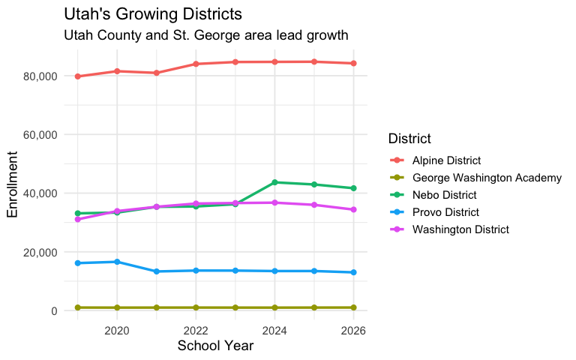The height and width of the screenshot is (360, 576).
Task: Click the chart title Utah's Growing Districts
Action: coord(153,14)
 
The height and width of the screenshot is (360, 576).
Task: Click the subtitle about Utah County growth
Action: coord(206,35)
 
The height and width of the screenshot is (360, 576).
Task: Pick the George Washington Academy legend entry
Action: coord(487,178)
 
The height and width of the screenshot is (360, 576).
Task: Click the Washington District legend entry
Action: coord(460,229)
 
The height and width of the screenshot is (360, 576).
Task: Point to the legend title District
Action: coord(409,139)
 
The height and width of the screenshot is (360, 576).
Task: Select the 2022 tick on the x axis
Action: coord(196,330)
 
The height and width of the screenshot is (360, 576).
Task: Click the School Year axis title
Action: coord(215,346)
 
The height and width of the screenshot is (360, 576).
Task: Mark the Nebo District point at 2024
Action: coord(275,182)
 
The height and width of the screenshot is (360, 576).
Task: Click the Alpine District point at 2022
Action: coord(196,64)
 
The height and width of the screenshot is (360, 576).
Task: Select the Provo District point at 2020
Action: coord(117,262)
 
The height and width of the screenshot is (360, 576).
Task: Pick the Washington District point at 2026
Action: coord(354,209)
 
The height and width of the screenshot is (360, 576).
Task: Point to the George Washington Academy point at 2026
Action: coord(354,307)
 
